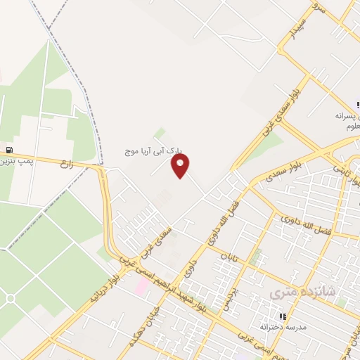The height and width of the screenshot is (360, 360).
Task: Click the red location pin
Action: (x=181, y=165)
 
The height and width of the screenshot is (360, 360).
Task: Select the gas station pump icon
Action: (x=8, y=149)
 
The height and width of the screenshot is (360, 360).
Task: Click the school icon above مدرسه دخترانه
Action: (x=283, y=317)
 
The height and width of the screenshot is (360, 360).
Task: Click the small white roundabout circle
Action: (x=10, y=300)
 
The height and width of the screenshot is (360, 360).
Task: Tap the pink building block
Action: (x=142, y=285)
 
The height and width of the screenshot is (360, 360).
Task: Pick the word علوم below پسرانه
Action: (x=352, y=127)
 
